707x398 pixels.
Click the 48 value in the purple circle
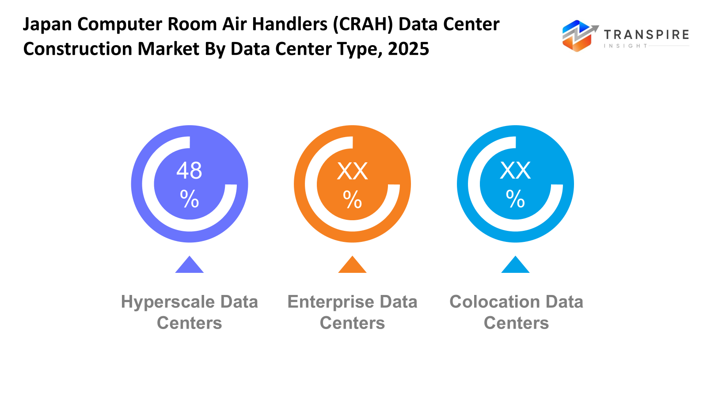189,171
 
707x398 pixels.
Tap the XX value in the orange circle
352,171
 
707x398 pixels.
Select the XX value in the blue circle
515,171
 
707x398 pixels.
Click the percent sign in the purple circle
189,199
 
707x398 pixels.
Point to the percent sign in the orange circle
352,199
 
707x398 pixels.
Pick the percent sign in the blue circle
515,199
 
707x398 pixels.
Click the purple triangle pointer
189,265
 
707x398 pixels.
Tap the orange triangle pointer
352,265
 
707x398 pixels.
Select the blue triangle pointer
515,265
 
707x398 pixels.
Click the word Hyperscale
168,302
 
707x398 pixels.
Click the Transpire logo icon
578,35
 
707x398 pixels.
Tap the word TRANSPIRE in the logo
646,34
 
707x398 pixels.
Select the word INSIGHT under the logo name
626,46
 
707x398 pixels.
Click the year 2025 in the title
408,49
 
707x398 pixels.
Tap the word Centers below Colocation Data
516,323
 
